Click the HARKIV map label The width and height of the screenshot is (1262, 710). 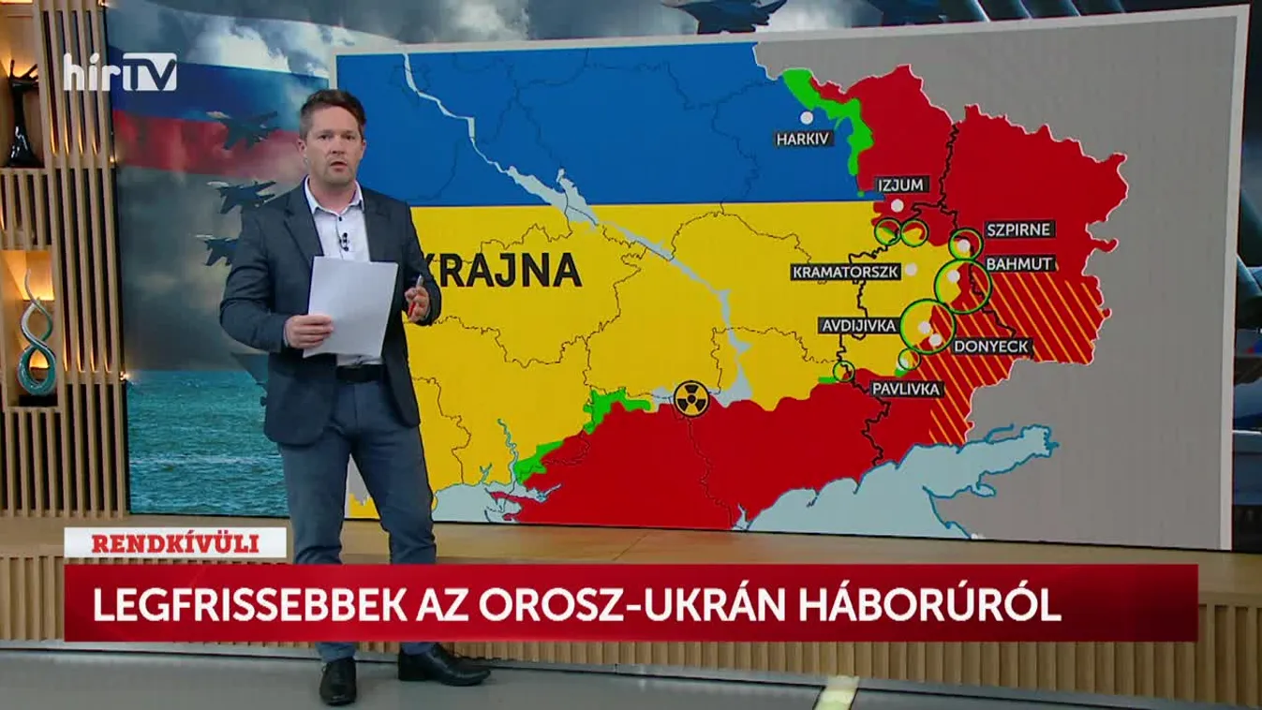tap(804, 140)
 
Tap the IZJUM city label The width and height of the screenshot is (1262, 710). tap(902, 184)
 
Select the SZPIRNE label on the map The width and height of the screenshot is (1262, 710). tap(1019, 229)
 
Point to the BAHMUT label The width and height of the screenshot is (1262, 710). tap(1020, 263)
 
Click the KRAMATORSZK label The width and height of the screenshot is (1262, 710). tap(846, 272)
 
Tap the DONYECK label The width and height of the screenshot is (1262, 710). tap(992, 347)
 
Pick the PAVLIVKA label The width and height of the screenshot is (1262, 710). tap(906, 389)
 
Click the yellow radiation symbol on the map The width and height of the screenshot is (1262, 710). tap(691, 398)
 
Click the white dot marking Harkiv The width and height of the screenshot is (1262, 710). tap(806, 118)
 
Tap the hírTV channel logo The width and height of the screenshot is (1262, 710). tap(120, 72)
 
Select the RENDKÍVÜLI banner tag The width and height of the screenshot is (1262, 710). tap(174, 542)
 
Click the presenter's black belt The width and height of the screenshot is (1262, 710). tap(359, 372)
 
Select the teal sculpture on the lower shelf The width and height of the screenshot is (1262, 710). tap(37, 337)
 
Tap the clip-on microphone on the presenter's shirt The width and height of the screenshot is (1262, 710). tap(344, 243)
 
